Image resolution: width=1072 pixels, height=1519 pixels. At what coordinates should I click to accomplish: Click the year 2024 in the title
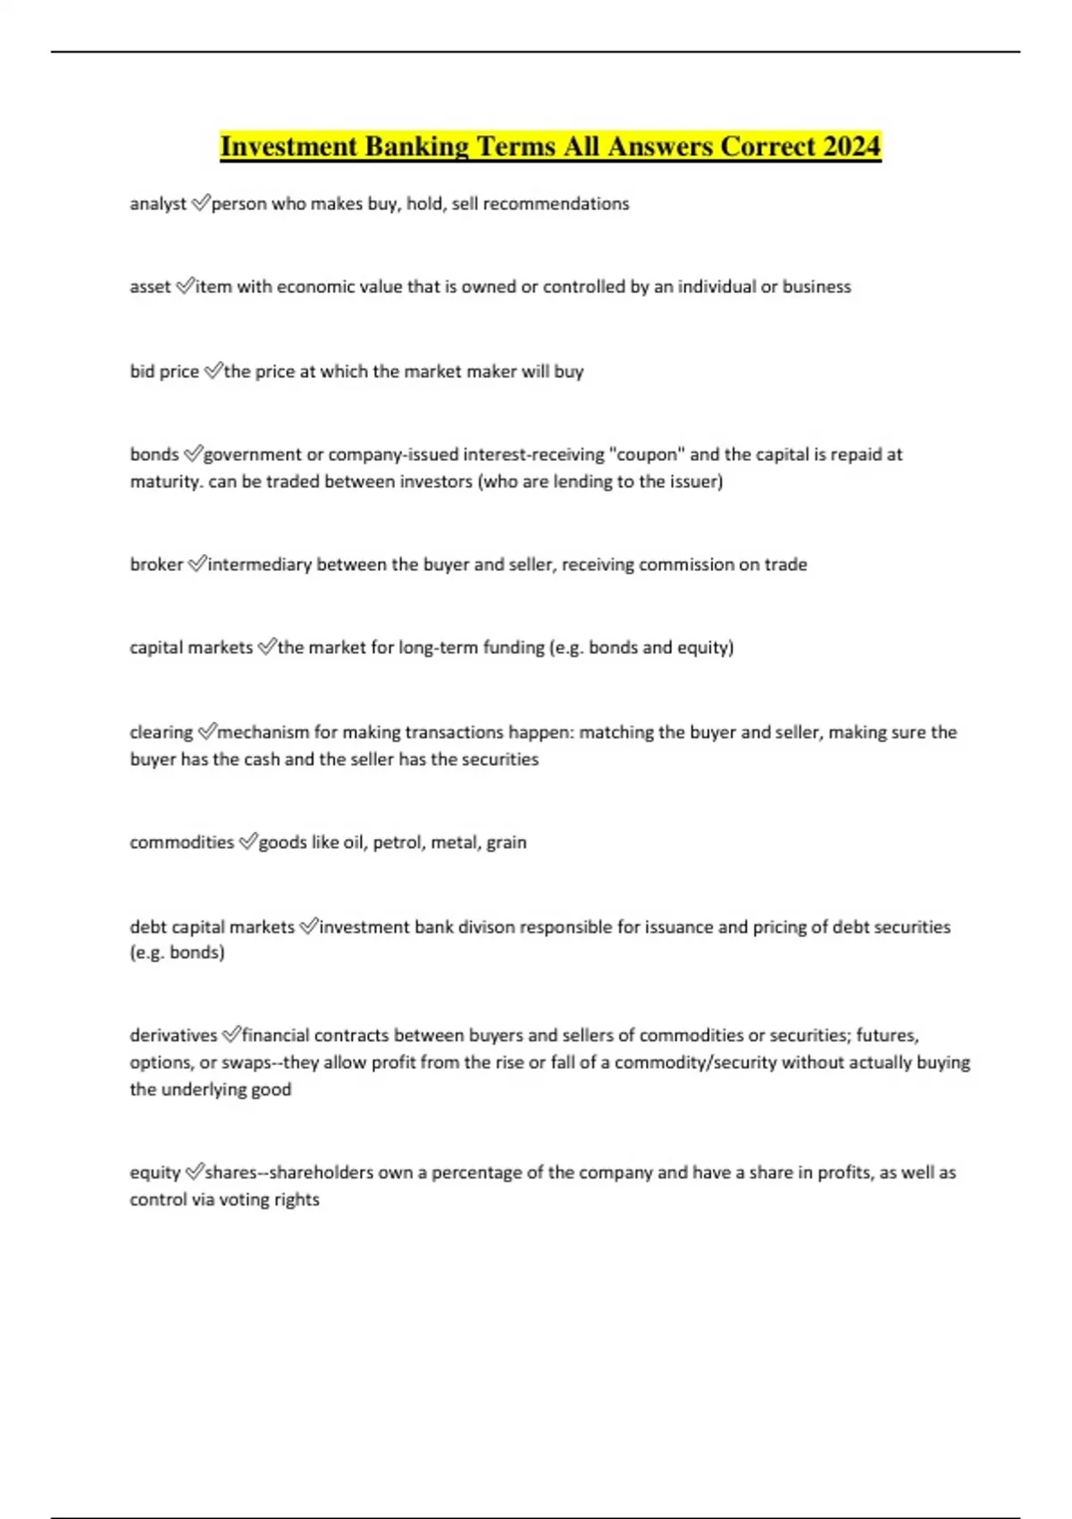point(852,146)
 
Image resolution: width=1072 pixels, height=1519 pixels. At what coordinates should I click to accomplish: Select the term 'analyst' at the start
point(157,204)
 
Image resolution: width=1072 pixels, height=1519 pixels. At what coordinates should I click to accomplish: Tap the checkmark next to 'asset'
point(184,287)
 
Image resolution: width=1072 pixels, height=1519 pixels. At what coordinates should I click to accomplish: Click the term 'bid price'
point(164,372)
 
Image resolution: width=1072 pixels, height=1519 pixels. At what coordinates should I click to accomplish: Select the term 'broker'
point(156,565)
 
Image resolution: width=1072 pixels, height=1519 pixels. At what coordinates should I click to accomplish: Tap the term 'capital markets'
point(191,648)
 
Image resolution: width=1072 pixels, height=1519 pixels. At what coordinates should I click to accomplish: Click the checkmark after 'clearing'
point(206,733)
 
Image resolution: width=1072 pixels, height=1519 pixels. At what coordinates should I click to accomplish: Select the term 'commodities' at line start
point(181,843)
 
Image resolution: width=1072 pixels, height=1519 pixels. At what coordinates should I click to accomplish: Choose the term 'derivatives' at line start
point(173,1036)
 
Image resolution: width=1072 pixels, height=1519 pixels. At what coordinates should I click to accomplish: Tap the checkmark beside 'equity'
point(194,1172)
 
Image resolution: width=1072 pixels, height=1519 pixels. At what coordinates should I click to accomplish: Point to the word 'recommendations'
point(556,204)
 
